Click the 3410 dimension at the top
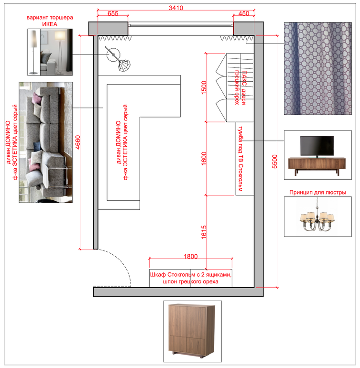[x=176, y=8]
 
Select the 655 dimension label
[x=113, y=13]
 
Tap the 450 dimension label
[x=244, y=13]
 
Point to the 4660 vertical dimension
[x=78, y=142]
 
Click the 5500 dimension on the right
[x=274, y=162]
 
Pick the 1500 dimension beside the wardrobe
[x=204, y=87]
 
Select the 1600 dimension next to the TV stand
[x=204, y=159]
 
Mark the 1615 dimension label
[x=204, y=232]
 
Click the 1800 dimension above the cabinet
[x=190, y=256]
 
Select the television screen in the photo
[x=317, y=146]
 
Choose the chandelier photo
[x=317, y=216]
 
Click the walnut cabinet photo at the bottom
[x=192, y=331]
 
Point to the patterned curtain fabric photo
[x=318, y=68]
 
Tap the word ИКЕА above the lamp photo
[x=50, y=24]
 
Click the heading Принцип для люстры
[x=317, y=193]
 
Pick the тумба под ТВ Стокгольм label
[x=240, y=159]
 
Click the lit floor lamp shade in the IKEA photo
[x=60, y=36]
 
